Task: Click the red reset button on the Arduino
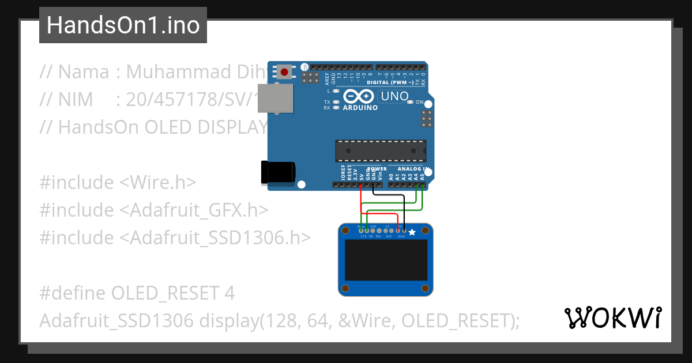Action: pyautogui.click(x=284, y=72)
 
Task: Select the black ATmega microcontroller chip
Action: pyautogui.click(x=381, y=150)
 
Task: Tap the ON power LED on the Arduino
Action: pyautogui.click(x=411, y=102)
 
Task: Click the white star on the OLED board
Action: pyautogui.click(x=412, y=232)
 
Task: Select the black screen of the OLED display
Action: pyautogui.click(x=386, y=260)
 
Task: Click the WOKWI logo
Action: pyautogui.click(x=612, y=317)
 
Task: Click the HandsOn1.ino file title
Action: pyautogui.click(x=123, y=25)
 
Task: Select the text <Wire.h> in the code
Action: pyautogui.click(x=157, y=182)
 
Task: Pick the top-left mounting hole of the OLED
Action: pyautogui.click(x=345, y=231)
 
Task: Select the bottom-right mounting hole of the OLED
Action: pyautogui.click(x=426, y=288)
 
